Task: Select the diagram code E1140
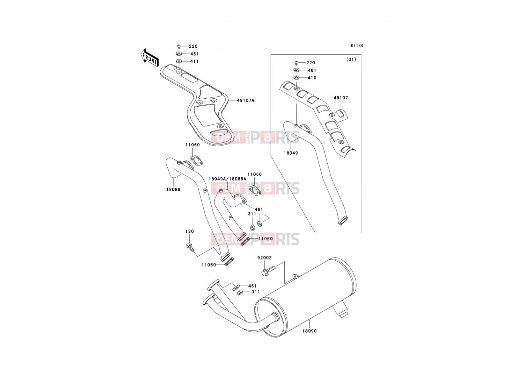pyautogui.click(x=357, y=46)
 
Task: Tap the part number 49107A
pyautogui.click(x=245, y=100)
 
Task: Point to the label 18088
pyautogui.click(x=173, y=189)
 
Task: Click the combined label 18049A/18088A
pyautogui.click(x=227, y=179)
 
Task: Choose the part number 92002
pyautogui.click(x=265, y=258)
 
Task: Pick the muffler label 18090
pyautogui.click(x=310, y=331)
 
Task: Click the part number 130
pyautogui.click(x=190, y=231)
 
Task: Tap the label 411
pyautogui.click(x=194, y=61)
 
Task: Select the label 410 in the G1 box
pyautogui.click(x=312, y=78)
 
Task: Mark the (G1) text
pyautogui.click(x=351, y=60)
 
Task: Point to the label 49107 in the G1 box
pyautogui.click(x=341, y=98)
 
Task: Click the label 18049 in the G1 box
pyautogui.click(x=291, y=153)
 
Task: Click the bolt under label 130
pyautogui.click(x=190, y=247)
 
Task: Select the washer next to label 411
pyautogui.click(x=179, y=61)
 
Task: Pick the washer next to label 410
pyautogui.click(x=296, y=77)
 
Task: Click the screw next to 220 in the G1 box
pyautogui.click(x=296, y=63)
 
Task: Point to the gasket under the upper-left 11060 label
pyautogui.click(x=197, y=161)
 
